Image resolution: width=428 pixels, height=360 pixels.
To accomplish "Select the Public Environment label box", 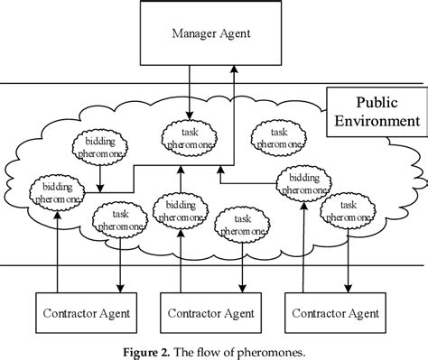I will pyautogui.click(x=371, y=112).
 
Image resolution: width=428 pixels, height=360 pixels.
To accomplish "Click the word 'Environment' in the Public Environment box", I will pyautogui.click(x=371, y=120).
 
